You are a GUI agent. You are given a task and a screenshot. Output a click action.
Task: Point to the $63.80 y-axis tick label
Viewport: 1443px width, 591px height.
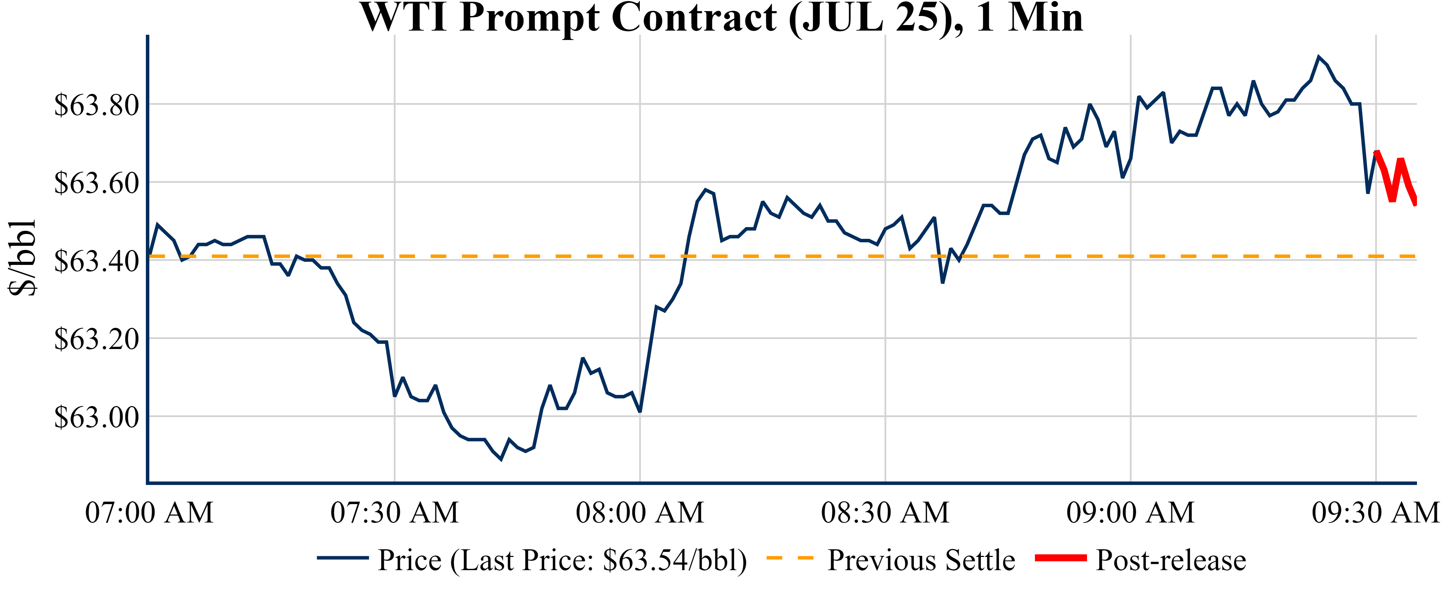(96, 105)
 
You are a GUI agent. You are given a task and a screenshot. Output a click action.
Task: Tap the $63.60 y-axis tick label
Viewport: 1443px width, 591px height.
(96, 183)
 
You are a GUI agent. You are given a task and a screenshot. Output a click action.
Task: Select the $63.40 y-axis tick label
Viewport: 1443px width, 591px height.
(96, 261)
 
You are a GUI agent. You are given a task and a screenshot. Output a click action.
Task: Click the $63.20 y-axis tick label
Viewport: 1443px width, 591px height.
(96, 339)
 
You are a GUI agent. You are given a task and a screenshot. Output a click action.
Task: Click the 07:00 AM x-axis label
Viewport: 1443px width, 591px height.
(149, 512)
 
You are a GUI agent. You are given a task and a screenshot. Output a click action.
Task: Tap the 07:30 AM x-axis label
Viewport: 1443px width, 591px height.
(395, 512)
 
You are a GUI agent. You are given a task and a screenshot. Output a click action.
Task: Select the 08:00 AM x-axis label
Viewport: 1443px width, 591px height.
(640, 512)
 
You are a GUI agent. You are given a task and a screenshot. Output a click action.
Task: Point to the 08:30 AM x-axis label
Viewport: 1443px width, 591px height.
(885, 512)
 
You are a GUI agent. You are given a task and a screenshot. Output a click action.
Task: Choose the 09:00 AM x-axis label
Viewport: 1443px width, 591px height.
(1130, 512)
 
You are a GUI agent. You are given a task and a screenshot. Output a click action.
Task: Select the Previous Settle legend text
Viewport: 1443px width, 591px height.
(921, 560)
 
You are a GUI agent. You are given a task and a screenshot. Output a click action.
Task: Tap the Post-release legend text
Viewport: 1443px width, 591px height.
(1171, 560)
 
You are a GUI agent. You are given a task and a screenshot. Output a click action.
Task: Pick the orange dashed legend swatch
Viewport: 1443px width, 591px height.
(790, 558)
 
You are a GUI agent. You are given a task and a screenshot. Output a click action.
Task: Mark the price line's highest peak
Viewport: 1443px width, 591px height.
(1319, 57)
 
